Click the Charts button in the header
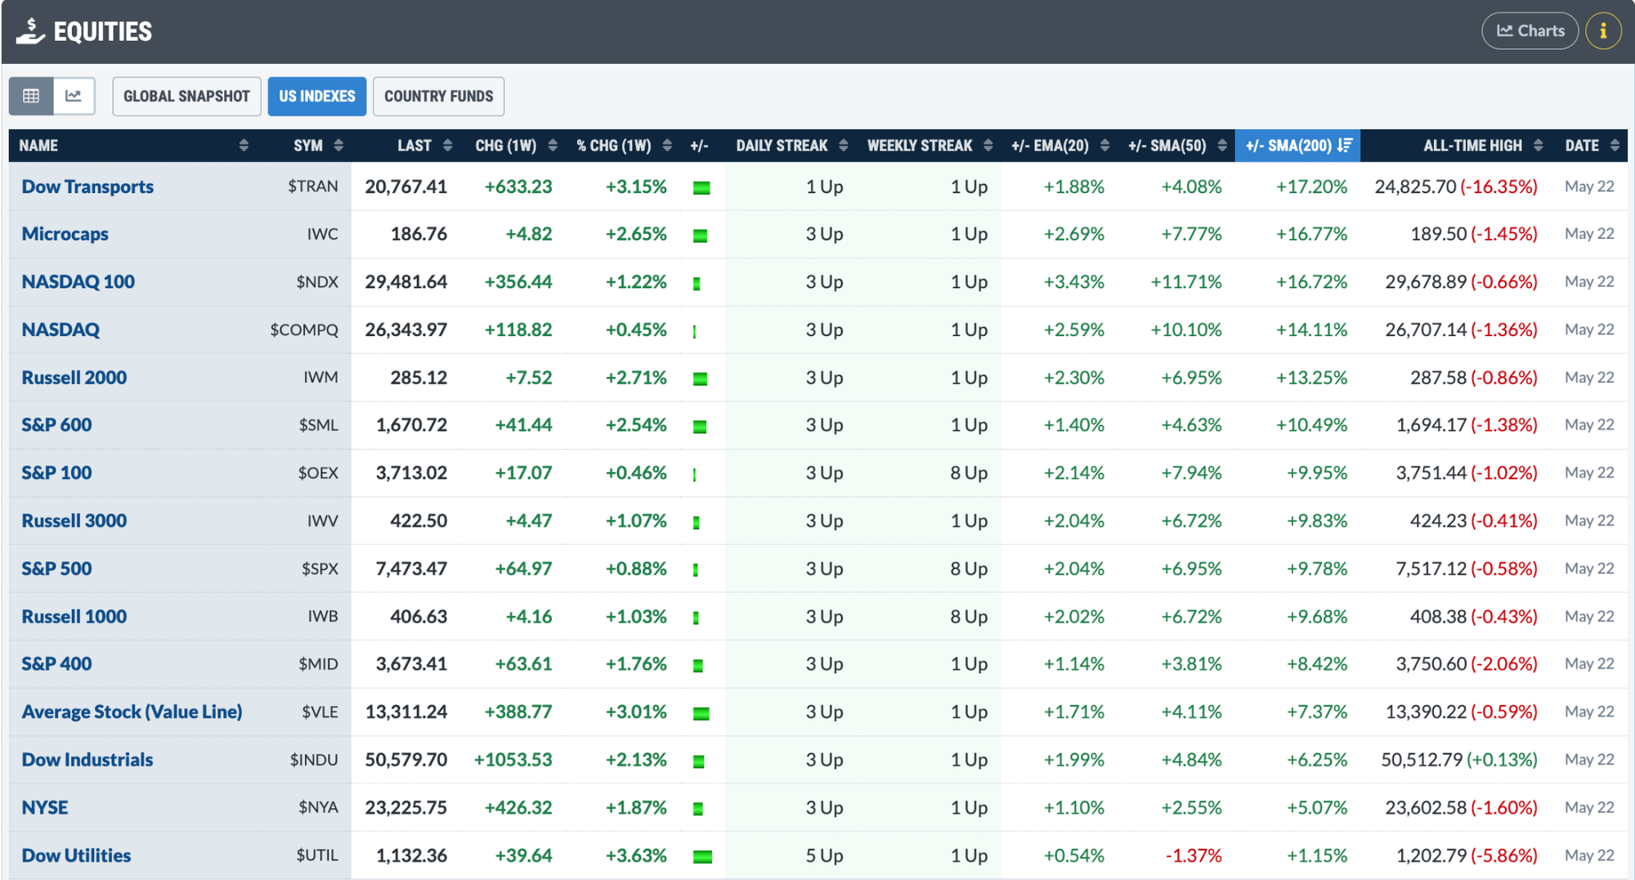(1530, 31)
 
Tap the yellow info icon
(1603, 31)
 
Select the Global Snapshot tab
(186, 97)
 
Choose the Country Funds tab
(438, 97)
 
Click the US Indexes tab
(317, 97)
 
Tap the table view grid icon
(31, 97)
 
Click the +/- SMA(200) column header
(1298, 146)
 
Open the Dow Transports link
(87, 186)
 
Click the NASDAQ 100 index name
(78, 282)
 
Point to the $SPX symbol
(320, 568)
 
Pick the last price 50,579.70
(406, 760)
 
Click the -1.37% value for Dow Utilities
(1194, 855)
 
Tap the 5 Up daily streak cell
(824, 855)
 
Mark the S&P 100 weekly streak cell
(969, 473)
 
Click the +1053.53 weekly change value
(513, 760)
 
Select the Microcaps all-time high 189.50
(1439, 234)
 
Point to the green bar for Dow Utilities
(702, 857)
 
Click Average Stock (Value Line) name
(132, 712)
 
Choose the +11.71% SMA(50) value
(1186, 282)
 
